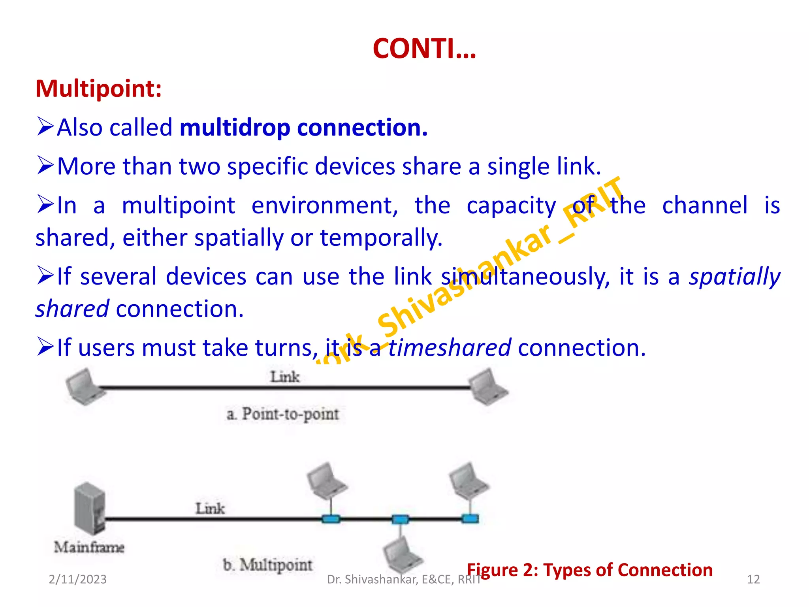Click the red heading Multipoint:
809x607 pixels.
click(98, 89)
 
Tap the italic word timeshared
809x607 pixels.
click(450, 348)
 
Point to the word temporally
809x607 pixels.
click(381, 238)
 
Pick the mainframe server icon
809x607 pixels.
click(90, 508)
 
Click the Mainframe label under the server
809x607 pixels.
click(89, 547)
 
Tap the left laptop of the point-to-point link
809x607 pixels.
click(84, 386)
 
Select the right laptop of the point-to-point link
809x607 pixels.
click(488, 386)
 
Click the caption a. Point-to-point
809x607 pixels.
click(283, 414)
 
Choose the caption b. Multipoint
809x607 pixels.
click(267, 565)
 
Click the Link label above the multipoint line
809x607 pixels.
click(210, 508)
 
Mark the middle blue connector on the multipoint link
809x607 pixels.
click(400, 519)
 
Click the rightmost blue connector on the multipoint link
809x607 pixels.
click(470, 518)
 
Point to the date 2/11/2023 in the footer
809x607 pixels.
click(77, 579)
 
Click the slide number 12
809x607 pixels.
click(753, 579)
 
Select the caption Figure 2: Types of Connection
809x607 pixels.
click(589, 570)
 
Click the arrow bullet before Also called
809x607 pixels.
click(45, 126)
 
